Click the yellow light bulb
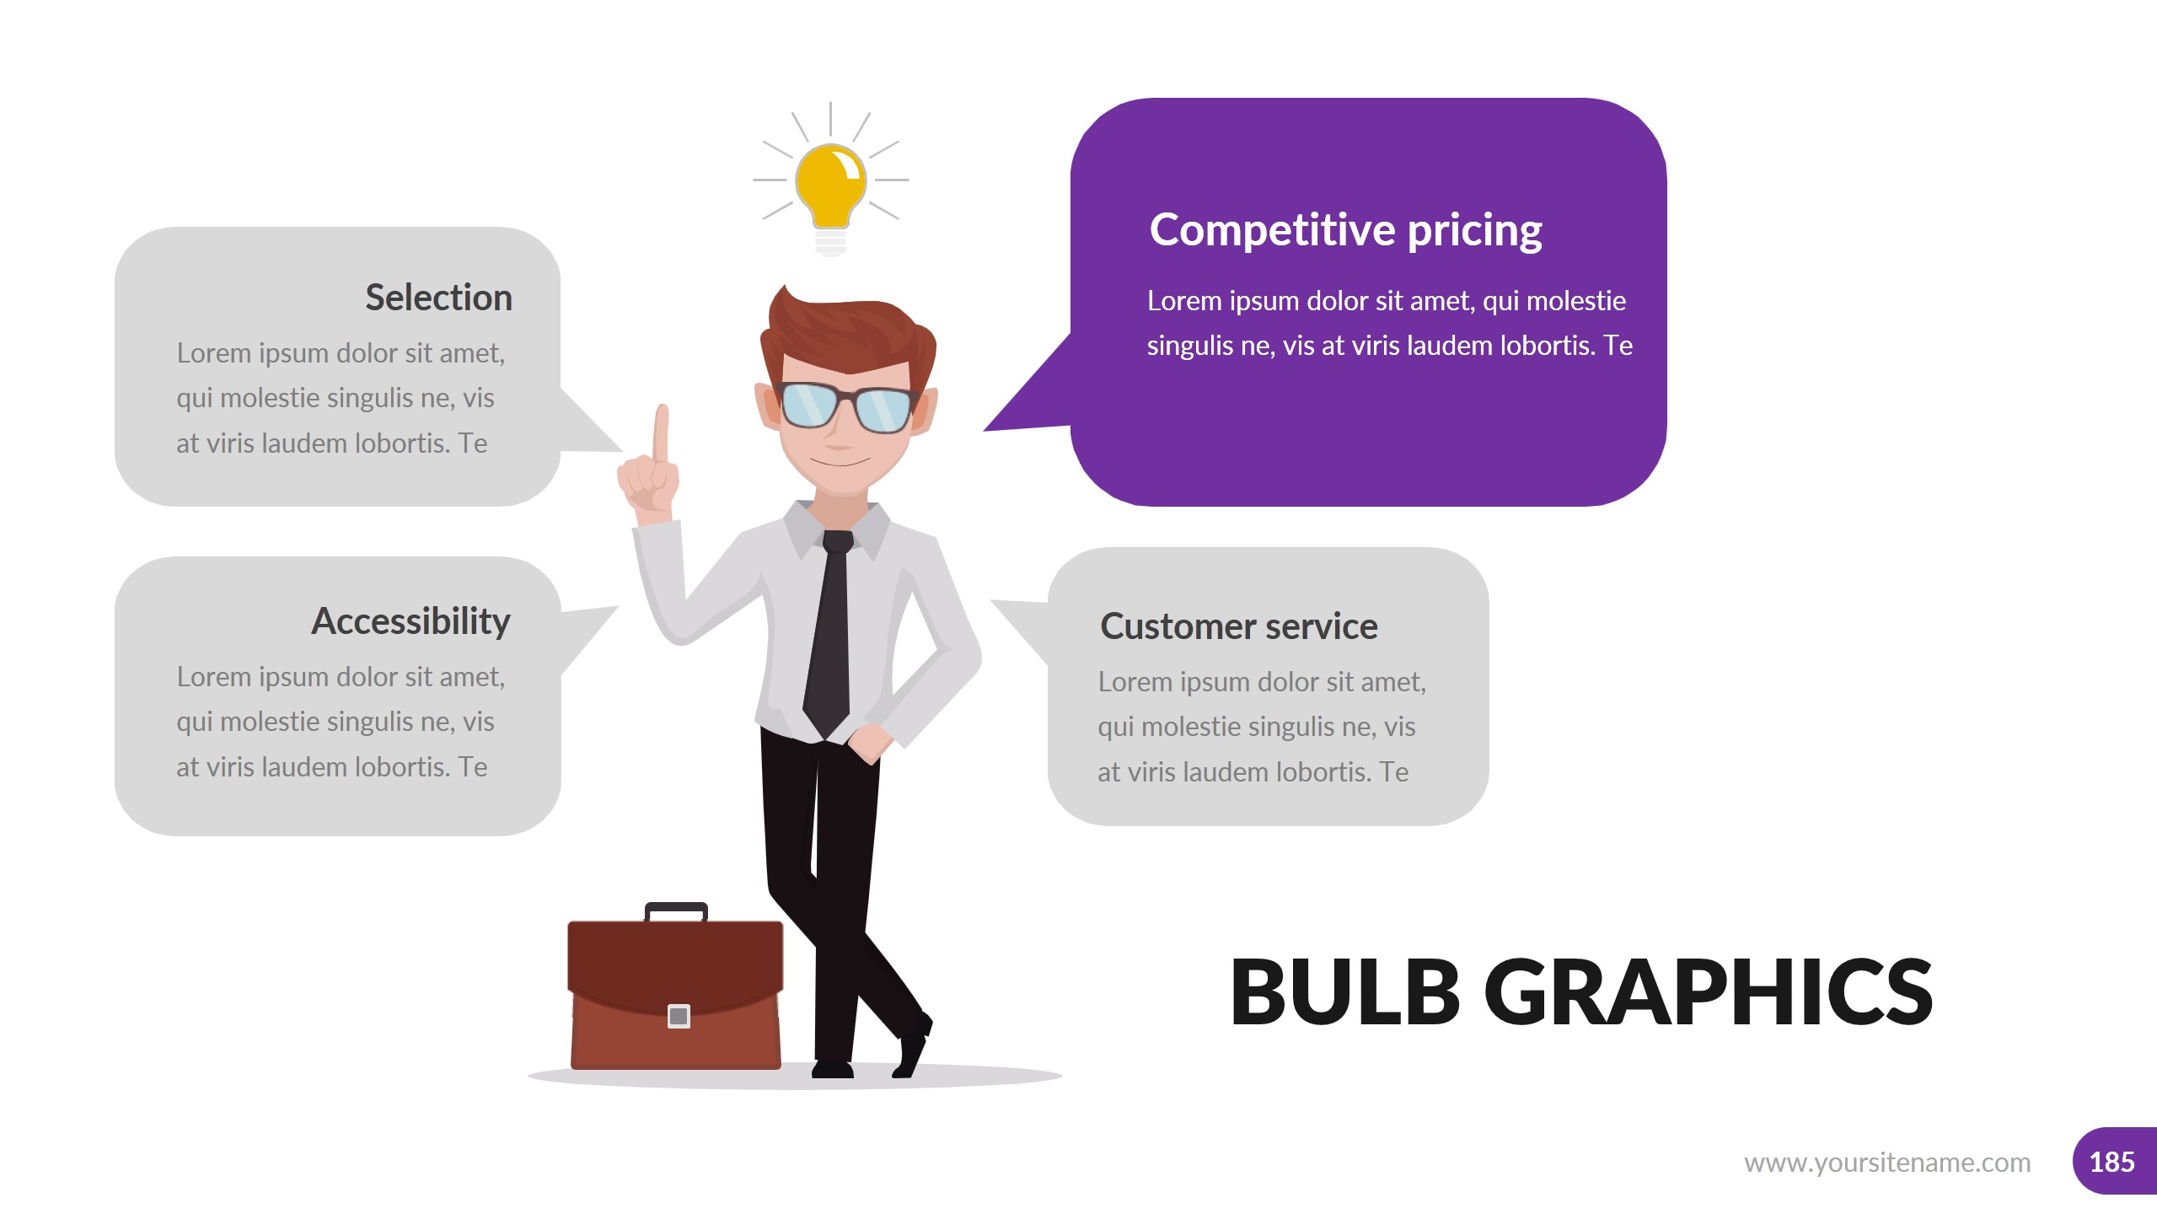click(x=830, y=185)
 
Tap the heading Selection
click(x=438, y=298)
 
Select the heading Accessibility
click(x=410, y=621)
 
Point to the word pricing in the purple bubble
click(x=1474, y=230)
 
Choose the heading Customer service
click(x=1238, y=626)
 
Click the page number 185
click(x=2111, y=1162)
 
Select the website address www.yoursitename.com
click(x=1887, y=1163)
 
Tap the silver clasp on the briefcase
click(x=679, y=1016)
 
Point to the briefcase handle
click(x=676, y=909)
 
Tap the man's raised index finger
click(x=662, y=430)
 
